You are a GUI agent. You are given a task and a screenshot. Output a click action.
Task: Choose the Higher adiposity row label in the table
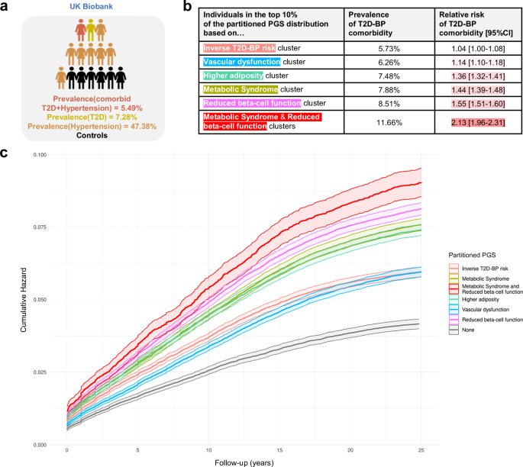pyautogui.click(x=244, y=76)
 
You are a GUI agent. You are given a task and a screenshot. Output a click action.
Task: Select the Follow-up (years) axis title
pyautogui.click(x=245, y=462)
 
